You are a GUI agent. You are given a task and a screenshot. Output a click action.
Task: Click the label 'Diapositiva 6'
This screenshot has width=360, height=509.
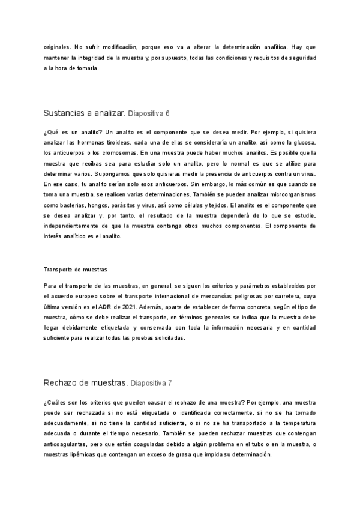pos(149,113)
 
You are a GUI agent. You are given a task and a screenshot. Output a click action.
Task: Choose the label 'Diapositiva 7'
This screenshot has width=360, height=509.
pos(151,383)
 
